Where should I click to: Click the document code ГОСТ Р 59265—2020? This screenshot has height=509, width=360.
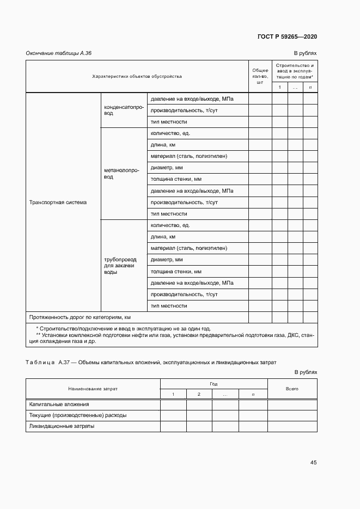pos(287,36)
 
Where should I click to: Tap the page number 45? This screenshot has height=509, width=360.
pos(313,462)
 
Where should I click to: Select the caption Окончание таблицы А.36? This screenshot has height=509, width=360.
pos(59,53)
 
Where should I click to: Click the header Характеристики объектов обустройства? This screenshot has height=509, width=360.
pos(137,76)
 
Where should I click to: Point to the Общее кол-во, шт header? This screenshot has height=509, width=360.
pos(259,76)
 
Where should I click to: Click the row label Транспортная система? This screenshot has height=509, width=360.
pos(58,203)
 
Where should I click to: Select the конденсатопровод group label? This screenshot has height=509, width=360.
pos(124,110)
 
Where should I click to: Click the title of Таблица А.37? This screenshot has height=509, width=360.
pos(151,362)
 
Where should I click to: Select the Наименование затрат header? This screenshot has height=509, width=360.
pos(93,389)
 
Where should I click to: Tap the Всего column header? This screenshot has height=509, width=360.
pos(291,389)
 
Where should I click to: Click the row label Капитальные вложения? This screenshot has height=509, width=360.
pos(59,404)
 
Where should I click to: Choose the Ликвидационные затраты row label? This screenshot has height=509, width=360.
pos(62,426)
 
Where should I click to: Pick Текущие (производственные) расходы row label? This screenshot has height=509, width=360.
pos(78,415)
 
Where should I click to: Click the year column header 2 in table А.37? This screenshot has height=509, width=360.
pos(199,394)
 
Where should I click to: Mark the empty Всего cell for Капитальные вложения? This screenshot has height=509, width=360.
pos(291,404)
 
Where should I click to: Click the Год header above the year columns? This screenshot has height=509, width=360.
pos(213,384)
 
